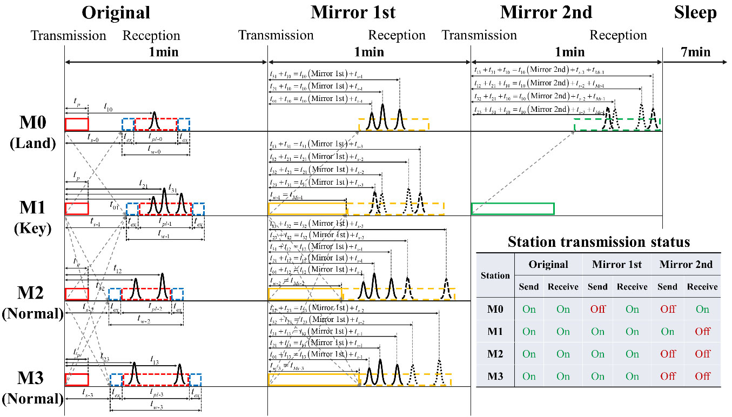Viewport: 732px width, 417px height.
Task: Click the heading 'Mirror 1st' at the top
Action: tap(353, 12)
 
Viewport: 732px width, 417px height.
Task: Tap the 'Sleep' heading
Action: tap(695, 12)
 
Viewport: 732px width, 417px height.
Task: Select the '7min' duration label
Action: tap(695, 52)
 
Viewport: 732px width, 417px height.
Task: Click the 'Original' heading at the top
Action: tap(116, 12)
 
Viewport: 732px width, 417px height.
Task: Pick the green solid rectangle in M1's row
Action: tap(513, 208)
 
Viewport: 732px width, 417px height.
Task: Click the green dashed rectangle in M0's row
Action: tap(617, 124)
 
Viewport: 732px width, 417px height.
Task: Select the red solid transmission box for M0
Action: tap(76, 124)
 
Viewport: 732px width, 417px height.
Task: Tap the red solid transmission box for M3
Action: tap(76, 380)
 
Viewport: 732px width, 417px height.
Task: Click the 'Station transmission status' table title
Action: tap(599, 241)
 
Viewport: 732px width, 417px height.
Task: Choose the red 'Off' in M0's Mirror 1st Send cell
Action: tap(597, 310)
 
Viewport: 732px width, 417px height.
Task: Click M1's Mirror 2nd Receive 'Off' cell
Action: tap(702, 332)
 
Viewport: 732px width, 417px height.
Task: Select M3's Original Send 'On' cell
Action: tap(529, 376)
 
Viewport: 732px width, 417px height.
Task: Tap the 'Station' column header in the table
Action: tap(495, 275)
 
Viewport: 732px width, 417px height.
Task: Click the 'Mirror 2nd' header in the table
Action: tap(685, 265)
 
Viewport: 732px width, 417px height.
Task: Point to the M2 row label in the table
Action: tap(495, 354)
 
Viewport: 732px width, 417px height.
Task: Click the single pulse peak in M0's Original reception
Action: tap(155, 118)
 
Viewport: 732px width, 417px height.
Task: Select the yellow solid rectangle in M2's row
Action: tap(305, 294)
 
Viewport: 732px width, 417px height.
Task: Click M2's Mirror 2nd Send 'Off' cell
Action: tap(667, 354)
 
